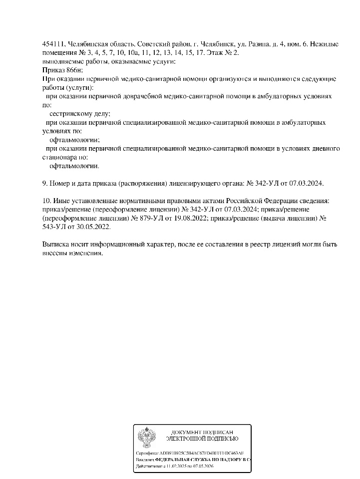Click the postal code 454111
click(x=52, y=43)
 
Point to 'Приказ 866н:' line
click(x=61, y=70)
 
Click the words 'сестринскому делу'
click(x=80, y=113)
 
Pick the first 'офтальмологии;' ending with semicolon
click(x=75, y=140)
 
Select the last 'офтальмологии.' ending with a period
click(x=75, y=166)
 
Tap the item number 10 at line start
click(x=46, y=201)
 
